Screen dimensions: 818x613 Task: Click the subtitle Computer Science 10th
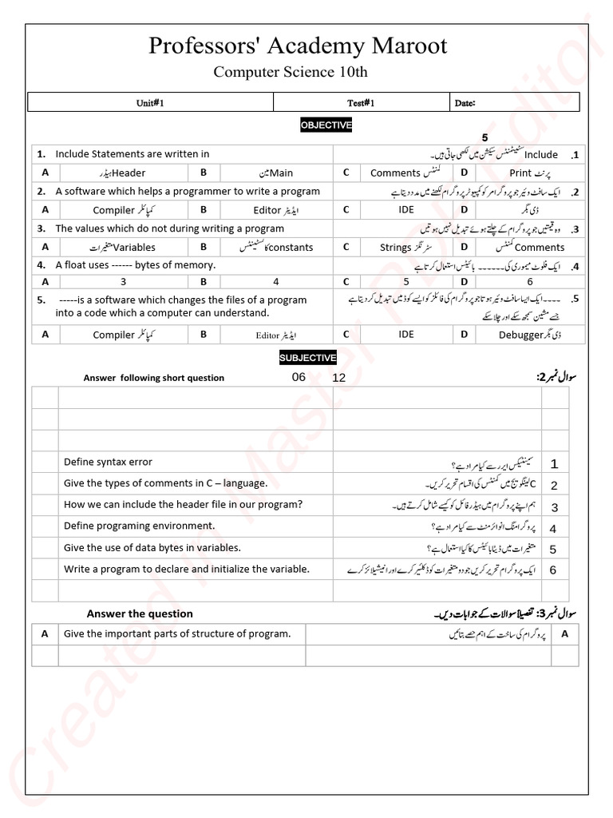[291, 72]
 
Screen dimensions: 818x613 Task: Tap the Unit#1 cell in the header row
[150, 103]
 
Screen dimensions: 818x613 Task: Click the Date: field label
[465, 103]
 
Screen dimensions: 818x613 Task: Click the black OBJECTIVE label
[326, 125]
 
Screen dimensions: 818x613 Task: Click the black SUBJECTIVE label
[307, 358]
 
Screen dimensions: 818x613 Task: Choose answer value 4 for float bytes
[276, 281]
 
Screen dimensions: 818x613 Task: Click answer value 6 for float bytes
[529, 281]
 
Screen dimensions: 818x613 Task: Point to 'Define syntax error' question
[108, 462]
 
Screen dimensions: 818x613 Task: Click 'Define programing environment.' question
[140, 526]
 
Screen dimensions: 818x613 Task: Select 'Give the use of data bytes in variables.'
[152, 547]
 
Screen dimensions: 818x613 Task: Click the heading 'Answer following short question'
[154, 378]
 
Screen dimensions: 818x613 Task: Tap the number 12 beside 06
[339, 378]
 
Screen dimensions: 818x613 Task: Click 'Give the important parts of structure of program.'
[177, 633]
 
